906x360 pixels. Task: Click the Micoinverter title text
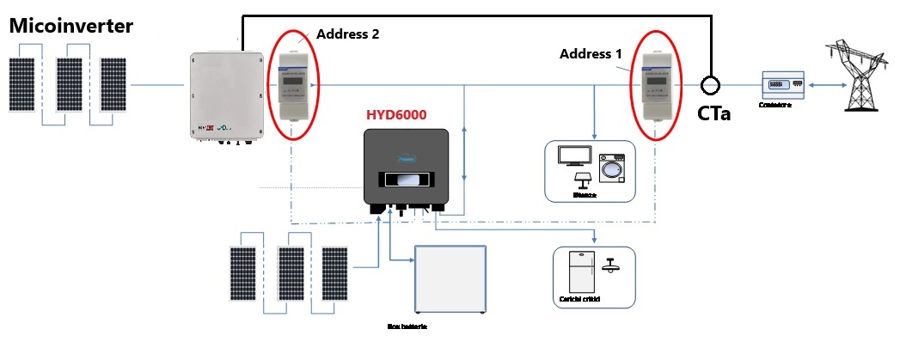click(71, 27)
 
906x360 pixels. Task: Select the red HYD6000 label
click(395, 114)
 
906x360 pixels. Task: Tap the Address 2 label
click(347, 34)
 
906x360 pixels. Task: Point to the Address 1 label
click(591, 53)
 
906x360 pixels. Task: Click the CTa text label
click(713, 113)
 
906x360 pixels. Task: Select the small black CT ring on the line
click(710, 85)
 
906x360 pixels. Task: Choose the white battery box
click(450, 281)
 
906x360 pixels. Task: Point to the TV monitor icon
click(574, 156)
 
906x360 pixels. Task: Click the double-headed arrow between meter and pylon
click(817, 86)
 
